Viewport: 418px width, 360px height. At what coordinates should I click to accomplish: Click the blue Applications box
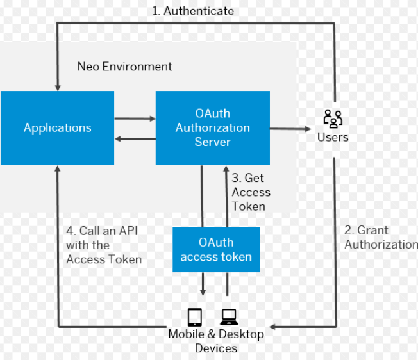57,127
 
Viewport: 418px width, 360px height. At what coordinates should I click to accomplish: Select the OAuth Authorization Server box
212,127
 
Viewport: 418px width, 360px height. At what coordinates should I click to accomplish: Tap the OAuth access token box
216,250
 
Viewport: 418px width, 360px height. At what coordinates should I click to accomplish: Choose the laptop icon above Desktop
229,317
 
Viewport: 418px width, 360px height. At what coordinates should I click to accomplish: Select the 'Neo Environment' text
124,67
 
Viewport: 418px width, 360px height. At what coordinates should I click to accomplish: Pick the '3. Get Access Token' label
251,192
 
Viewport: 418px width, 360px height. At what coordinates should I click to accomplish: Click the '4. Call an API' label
103,245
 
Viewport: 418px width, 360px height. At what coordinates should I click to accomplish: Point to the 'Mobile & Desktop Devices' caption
216,341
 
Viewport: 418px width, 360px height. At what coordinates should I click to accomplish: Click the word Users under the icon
333,137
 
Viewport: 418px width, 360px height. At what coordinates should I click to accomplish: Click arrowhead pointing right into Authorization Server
152,119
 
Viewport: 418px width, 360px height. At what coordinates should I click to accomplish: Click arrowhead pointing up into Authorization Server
226,169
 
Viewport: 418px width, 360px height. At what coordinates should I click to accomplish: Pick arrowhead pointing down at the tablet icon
203,292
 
